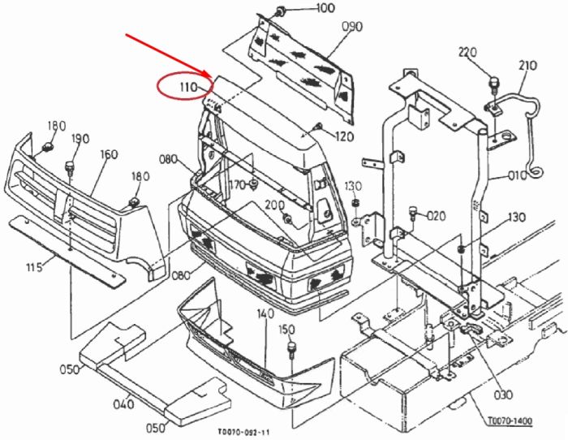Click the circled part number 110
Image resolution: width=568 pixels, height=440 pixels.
coord(188,87)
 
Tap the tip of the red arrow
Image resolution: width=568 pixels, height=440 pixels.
coord(212,76)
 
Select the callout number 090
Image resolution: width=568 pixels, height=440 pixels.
coord(352,27)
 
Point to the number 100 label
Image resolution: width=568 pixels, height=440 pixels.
coord(325,8)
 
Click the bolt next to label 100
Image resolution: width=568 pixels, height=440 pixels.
coord(281,11)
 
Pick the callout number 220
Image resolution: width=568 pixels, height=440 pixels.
coord(467,53)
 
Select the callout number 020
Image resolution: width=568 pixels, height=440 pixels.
coord(437,216)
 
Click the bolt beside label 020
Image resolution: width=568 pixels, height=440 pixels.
coord(412,213)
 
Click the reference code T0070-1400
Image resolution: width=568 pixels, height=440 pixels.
coord(510,421)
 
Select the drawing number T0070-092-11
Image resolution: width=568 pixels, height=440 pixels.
coord(243,432)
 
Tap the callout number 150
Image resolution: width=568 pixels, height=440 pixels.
coord(287,330)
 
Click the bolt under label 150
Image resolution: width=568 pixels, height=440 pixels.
coord(291,350)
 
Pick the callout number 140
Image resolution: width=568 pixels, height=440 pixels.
coord(265,314)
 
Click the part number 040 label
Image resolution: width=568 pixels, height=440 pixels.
coord(123,403)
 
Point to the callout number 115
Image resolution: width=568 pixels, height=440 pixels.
coord(34,267)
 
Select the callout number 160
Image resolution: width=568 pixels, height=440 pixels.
coord(108,154)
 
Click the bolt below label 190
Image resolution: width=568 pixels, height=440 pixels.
coord(70,169)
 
